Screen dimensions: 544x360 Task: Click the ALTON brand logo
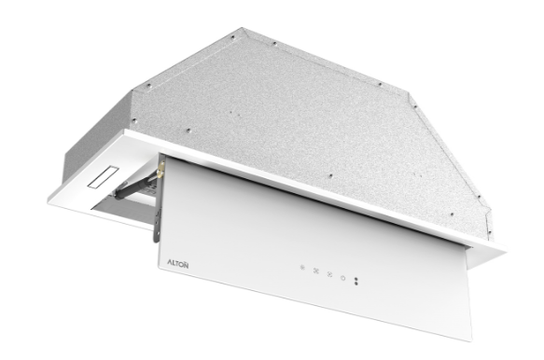tap(178, 264)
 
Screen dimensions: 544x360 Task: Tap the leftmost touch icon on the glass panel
tap(302, 268)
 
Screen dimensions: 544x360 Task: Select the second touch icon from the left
tap(316, 270)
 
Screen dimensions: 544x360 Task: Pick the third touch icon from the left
tap(329, 274)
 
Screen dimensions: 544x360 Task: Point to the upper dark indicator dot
tap(356, 279)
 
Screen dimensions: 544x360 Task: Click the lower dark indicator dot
tap(356, 284)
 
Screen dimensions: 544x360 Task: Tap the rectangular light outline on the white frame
tap(104, 177)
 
